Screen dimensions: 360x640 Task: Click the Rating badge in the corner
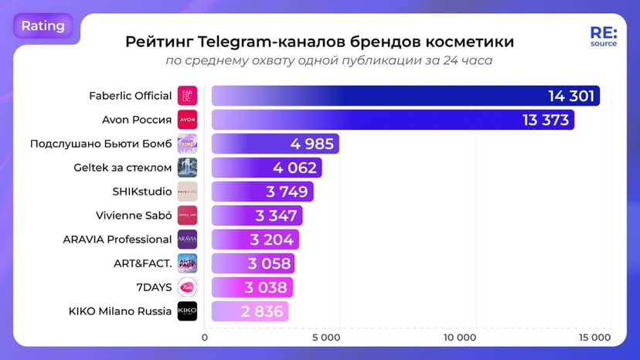pyautogui.click(x=43, y=26)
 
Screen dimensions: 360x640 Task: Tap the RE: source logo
pyautogui.click(x=603, y=38)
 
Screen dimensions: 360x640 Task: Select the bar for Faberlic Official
pyautogui.click(x=405, y=97)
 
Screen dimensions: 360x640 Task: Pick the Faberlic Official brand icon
pyautogui.click(x=187, y=97)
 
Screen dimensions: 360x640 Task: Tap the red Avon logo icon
pyautogui.click(x=187, y=121)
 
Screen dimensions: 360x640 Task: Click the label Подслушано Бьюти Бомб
pyautogui.click(x=100, y=144)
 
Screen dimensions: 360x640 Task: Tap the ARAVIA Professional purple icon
pyautogui.click(x=187, y=239)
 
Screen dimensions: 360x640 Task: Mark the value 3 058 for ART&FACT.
pyautogui.click(x=269, y=263)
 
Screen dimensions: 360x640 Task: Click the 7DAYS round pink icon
pyautogui.click(x=187, y=287)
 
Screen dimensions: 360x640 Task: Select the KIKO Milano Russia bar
pyautogui.click(x=250, y=311)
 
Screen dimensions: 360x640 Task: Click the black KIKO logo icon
pyautogui.click(x=187, y=311)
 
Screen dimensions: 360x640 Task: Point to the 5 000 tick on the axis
pyautogui.click(x=332, y=338)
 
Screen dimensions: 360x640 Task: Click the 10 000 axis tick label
pyautogui.click(x=460, y=338)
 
